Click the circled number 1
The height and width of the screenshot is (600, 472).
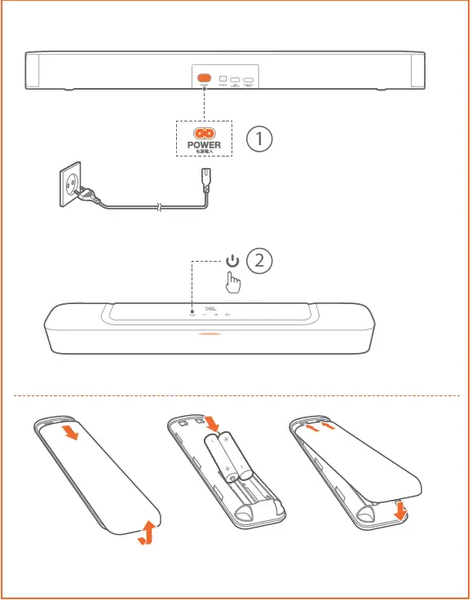259,139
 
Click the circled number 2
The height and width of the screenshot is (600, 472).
259,261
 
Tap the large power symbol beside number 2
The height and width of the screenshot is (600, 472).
233,261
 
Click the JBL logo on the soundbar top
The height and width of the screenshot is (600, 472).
210,308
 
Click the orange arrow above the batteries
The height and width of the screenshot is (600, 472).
211,422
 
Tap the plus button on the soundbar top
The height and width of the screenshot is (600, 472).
216,315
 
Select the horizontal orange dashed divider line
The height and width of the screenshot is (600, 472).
236,396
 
